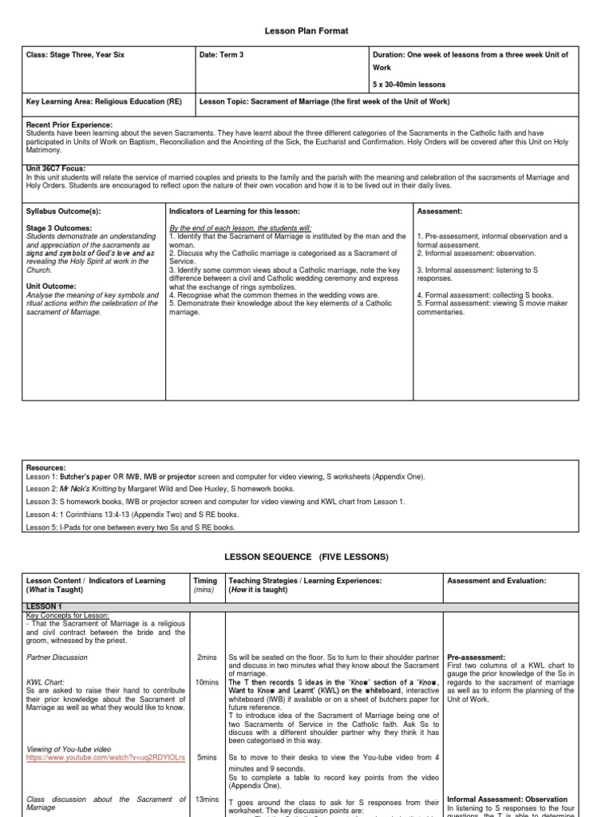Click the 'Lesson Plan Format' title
306,30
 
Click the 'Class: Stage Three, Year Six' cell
75,55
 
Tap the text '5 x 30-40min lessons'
409,85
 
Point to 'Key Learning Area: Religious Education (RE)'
100,102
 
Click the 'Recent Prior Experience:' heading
69,125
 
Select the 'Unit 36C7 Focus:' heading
56,168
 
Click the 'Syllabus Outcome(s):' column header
64,211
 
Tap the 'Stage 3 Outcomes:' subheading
59,228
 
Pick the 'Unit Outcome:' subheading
51,286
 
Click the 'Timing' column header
205,581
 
